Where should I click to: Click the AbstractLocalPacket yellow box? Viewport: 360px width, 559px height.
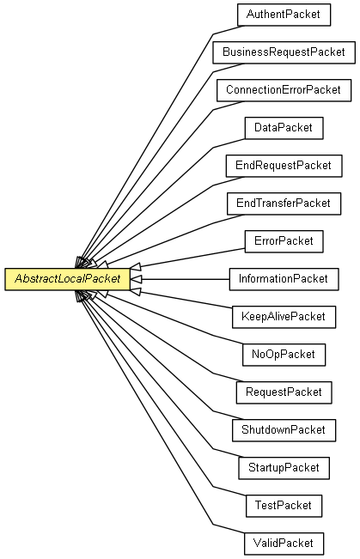click(x=67, y=279)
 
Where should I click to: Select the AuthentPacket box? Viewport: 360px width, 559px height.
click(x=284, y=15)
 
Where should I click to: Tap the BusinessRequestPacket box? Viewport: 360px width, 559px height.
click(x=284, y=52)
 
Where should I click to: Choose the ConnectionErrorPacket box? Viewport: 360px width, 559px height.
click(x=284, y=90)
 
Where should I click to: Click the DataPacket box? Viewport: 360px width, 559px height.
click(x=284, y=128)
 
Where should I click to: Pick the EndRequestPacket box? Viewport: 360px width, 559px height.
click(x=284, y=166)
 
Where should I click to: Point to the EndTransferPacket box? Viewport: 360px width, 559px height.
click(x=284, y=204)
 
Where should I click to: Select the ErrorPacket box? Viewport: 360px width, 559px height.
click(x=284, y=241)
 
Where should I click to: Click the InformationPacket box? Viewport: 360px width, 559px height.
click(x=284, y=279)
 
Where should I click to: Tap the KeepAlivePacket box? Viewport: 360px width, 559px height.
click(x=284, y=317)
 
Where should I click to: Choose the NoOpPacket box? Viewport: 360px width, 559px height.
click(x=284, y=355)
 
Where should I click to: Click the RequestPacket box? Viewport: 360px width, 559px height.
click(x=284, y=392)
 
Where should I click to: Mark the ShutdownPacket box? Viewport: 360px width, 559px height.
click(x=284, y=430)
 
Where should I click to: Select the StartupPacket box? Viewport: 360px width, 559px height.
click(x=284, y=468)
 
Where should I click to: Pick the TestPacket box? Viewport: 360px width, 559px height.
click(x=284, y=506)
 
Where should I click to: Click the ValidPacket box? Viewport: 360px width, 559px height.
click(x=284, y=544)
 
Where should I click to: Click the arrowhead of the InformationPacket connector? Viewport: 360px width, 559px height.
click(x=136, y=279)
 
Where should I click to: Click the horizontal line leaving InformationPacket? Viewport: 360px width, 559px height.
click(x=186, y=279)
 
